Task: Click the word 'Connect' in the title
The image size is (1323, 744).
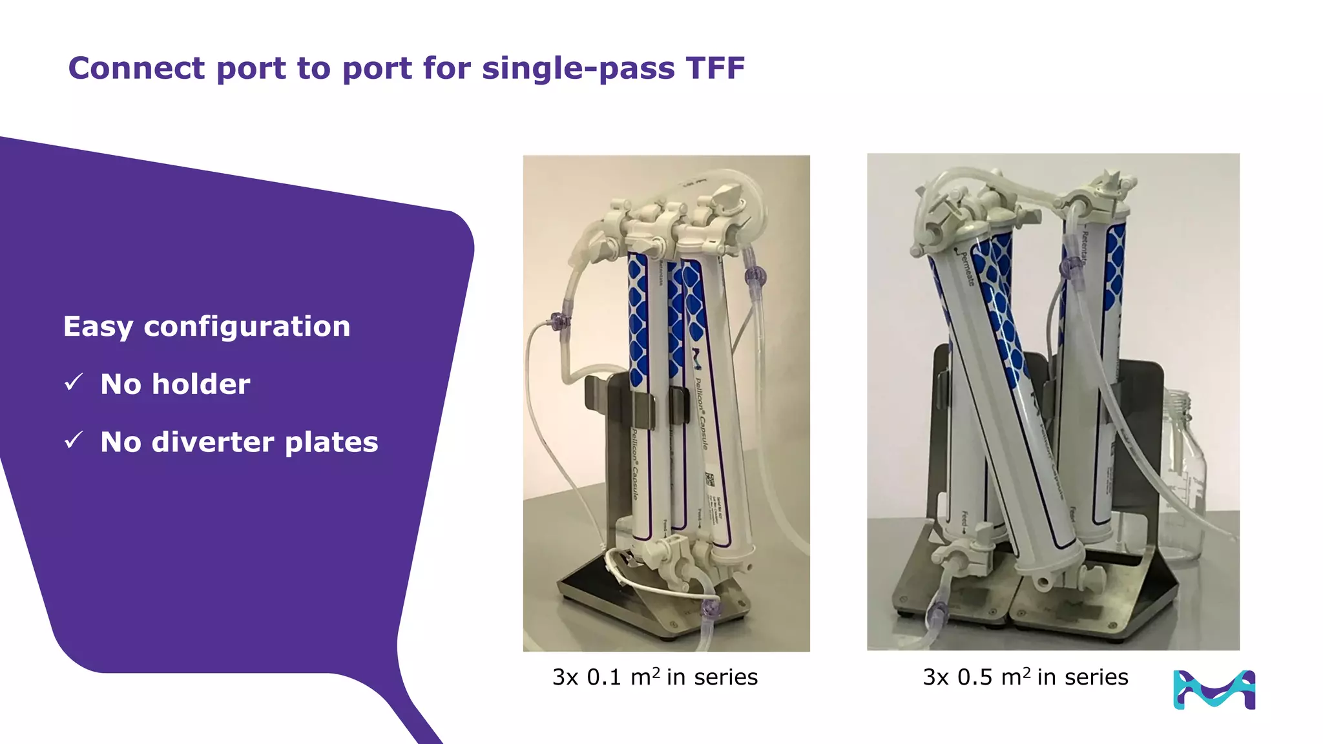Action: click(x=136, y=68)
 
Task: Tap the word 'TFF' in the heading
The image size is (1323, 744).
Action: click(x=715, y=68)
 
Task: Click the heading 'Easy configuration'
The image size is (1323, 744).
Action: click(x=207, y=327)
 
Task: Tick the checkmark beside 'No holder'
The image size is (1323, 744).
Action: click(x=74, y=382)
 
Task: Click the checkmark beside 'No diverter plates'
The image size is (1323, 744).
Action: click(x=74, y=440)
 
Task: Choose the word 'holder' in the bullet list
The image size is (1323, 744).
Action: click(x=202, y=384)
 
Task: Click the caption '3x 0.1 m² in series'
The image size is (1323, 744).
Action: click(x=654, y=677)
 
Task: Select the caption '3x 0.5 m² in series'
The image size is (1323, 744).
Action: click(x=1025, y=677)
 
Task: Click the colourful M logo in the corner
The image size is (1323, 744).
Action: click(x=1214, y=690)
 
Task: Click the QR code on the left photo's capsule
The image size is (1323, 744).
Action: click(x=709, y=480)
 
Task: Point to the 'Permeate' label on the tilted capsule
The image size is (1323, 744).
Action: click(x=966, y=268)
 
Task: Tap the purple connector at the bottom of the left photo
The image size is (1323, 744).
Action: click(x=710, y=608)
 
